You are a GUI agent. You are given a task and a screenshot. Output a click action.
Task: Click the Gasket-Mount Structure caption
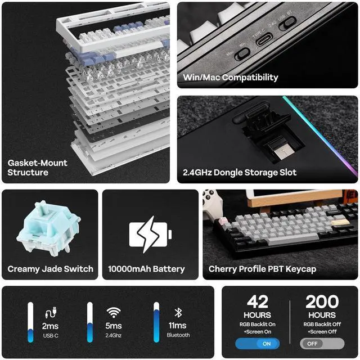pos(37,167)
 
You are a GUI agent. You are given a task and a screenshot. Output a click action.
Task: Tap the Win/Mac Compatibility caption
pos(231,77)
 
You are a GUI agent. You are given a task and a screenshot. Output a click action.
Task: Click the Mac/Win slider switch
pos(242,53)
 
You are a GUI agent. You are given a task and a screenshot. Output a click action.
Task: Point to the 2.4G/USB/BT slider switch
pos(287,24)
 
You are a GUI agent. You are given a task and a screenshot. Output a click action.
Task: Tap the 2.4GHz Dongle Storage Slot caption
pos(240,172)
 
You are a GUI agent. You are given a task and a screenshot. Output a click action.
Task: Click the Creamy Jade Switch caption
pos(50,269)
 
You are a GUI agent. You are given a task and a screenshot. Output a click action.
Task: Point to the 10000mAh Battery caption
pos(146,269)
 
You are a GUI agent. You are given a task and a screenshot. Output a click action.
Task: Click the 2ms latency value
pos(50,326)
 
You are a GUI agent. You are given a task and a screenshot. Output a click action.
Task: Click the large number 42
pos(258,302)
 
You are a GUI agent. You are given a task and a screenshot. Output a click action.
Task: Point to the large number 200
pos(322,302)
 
